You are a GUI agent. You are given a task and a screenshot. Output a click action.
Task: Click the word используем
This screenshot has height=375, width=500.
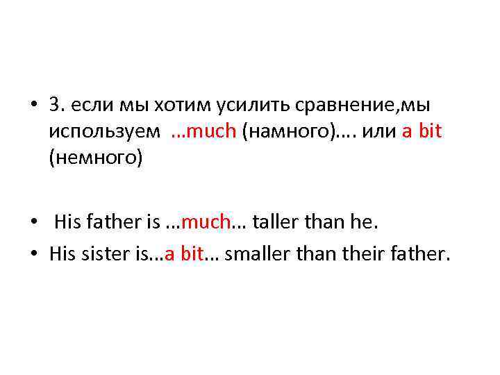click(103, 131)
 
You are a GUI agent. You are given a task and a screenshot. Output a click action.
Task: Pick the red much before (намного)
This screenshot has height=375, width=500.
click(212, 131)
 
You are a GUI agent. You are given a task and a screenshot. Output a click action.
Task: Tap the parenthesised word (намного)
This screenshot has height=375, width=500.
click(282, 131)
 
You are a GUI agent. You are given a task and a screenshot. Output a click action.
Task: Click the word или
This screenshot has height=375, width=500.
click(376, 131)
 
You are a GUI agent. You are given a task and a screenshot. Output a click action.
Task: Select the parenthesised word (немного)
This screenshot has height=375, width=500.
click(95, 158)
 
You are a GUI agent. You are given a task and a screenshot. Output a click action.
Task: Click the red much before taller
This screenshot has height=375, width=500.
click(206, 222)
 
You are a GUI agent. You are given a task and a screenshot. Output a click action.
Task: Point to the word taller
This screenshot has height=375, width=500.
click(278, 222)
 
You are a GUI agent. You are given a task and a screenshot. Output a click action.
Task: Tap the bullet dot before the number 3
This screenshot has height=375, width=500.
click(35, 105)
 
